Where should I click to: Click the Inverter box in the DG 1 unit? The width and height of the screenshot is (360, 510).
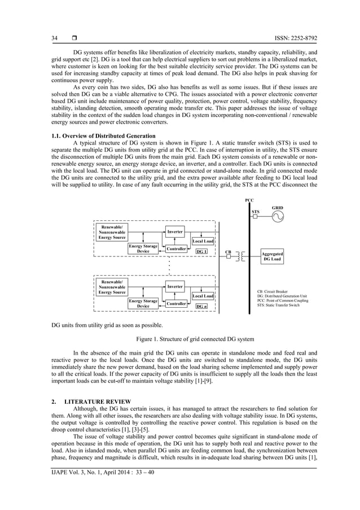pyautogui.click(x=175, y=232)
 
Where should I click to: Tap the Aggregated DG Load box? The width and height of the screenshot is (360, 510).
pyautogui.click(x=272, y=257)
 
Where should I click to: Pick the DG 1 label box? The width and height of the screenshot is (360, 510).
pyautogui.click(x=201, y=251)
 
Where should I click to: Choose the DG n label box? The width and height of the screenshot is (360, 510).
pyautogui.click(x=201, y=306)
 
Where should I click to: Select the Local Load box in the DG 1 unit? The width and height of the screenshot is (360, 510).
pyautogui.click(x=203, y=241)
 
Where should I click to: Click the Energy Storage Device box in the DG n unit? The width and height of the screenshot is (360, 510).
pyautogui.click(x=143, y=304)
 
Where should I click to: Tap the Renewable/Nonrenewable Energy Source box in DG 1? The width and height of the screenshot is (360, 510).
pyautogui.click(x=112, y=232)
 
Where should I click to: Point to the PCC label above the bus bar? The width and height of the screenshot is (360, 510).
pyautogui.click(x=249, y=200)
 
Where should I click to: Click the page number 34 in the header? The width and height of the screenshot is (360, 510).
pyautogui.click(x=55, y=38)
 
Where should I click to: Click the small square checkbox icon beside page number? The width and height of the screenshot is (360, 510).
pyautogui.click(x=73, y=38)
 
